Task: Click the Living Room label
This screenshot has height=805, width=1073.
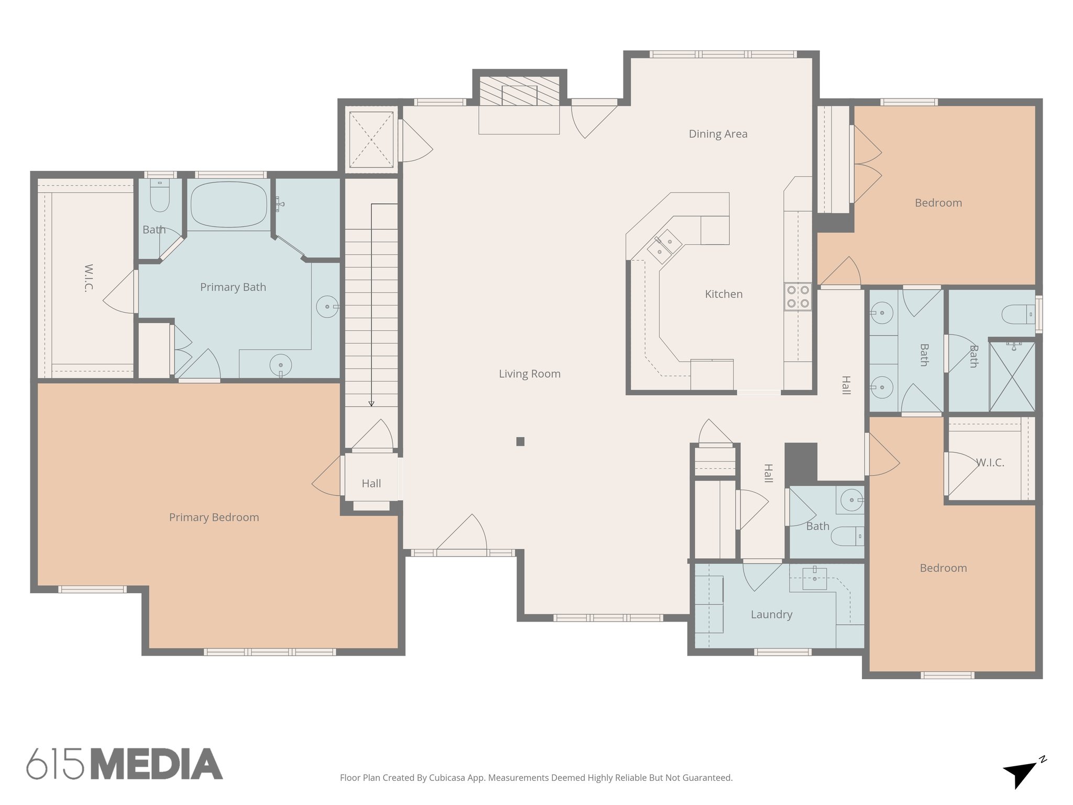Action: point(529,374)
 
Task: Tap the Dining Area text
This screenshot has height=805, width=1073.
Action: point(718,134)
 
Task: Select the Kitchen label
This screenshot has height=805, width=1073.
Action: point(724,294)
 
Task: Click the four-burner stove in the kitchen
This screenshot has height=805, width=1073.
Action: point(798,297)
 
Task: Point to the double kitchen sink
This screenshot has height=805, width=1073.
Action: point(664,246)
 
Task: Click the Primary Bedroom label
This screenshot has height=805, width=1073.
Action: point(214,517)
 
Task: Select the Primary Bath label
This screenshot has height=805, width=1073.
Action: point(233,287)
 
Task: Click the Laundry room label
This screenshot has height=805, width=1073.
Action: point(771,614)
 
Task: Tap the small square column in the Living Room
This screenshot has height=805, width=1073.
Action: point(520,441)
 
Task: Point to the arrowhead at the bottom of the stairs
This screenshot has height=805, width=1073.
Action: point(371,404)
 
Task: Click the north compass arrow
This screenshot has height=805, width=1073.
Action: point(1019,774)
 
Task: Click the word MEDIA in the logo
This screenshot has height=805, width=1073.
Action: point(157,764)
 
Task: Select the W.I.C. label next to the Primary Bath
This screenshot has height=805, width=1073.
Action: point(89,278)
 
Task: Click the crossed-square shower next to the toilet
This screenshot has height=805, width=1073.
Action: point(1012,377)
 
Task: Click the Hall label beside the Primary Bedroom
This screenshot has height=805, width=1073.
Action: point(371,483)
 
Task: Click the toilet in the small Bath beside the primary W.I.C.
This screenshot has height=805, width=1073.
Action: point(160,198)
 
